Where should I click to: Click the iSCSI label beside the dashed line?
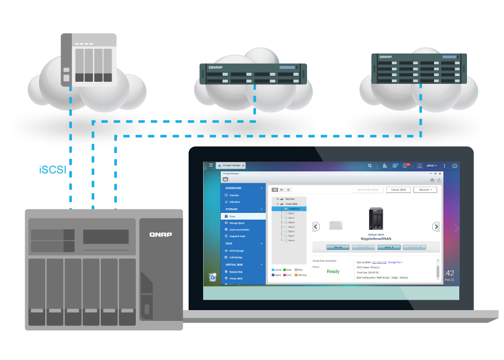pos(52,170)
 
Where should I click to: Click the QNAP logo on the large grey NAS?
pos(160,235)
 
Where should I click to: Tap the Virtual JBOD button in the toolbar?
pos(399,190)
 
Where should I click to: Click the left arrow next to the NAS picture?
pos(316,226)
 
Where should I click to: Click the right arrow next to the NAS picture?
pos(436,226)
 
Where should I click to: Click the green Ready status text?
pos(333,271)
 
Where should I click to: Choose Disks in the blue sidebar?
pos(233,217)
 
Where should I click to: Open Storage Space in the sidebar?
pos(237,223)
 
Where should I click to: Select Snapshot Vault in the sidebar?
pos(237,236)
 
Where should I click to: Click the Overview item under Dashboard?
pos(234,195)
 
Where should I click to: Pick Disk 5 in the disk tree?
pos(291,227)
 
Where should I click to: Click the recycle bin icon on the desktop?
pos(212,277)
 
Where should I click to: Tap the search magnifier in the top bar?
pos(369,166)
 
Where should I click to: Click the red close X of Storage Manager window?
pos(440,174)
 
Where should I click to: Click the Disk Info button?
pos(338,247)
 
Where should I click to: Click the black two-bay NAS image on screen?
pos(376,219)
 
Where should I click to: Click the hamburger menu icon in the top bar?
pos(211,166)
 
